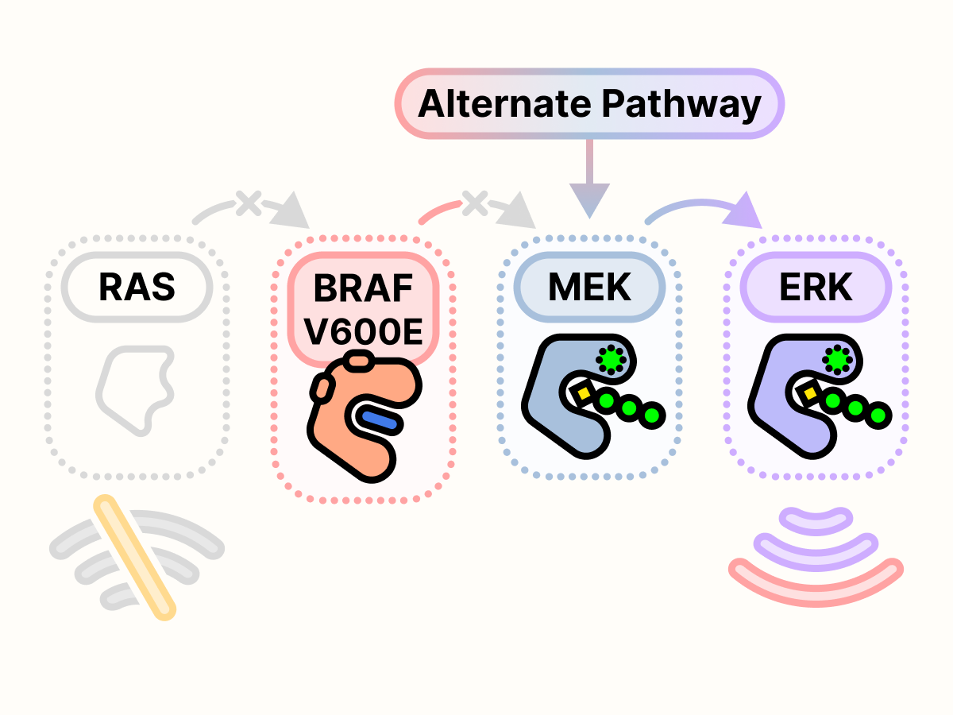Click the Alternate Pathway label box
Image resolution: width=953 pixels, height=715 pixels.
(x=589, y=104)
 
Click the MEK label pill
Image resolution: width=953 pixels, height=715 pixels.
(x=589, y=287)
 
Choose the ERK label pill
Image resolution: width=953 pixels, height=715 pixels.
(x=816, y=287)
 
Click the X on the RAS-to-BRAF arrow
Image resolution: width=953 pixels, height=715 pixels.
(x=247, y=204)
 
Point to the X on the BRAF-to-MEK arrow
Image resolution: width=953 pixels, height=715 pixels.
(x=474, y=204)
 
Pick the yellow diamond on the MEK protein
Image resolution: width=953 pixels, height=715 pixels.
(x=584, y=392)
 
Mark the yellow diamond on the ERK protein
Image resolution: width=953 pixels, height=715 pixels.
(x=810, y=392)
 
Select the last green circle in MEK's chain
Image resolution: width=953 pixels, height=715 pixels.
(x=653, y=415)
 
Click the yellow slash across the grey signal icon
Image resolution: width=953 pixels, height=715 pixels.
(x=133, y=556)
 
